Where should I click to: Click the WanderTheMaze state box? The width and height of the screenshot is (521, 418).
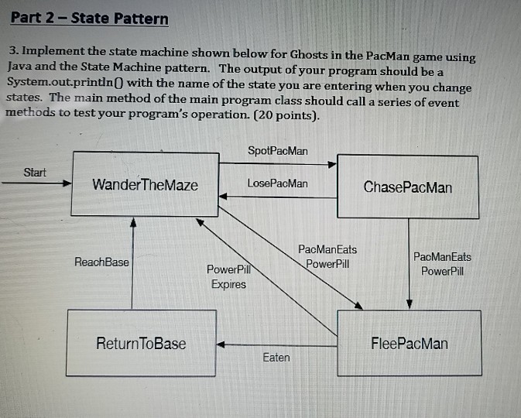coord(145,185)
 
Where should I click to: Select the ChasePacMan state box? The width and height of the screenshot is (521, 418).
coord(407,187)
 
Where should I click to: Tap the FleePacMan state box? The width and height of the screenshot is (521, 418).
coord(409,343)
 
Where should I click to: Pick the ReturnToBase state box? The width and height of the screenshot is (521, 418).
coord(141,343)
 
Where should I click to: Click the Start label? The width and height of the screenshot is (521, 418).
coord(35,173)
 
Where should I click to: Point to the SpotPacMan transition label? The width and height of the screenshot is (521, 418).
coord(277,149)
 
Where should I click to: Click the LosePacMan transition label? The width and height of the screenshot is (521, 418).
coord(277,183)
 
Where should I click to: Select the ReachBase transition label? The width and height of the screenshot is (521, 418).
coord(101,262)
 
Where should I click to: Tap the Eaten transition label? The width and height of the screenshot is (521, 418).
coord(276,357)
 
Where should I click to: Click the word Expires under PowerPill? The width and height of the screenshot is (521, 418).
coord(228,284)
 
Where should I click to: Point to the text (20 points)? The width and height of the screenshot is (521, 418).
coord(286,116)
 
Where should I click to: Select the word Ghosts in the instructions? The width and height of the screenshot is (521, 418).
coord(313,56)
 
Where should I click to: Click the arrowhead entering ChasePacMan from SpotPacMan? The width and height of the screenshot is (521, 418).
coord(333,164)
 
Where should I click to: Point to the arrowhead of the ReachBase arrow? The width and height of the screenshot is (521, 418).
coord(133,221)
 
